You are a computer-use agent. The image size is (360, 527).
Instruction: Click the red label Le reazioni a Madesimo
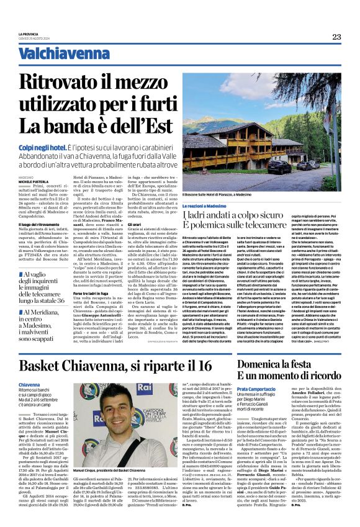coord(223,205)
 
